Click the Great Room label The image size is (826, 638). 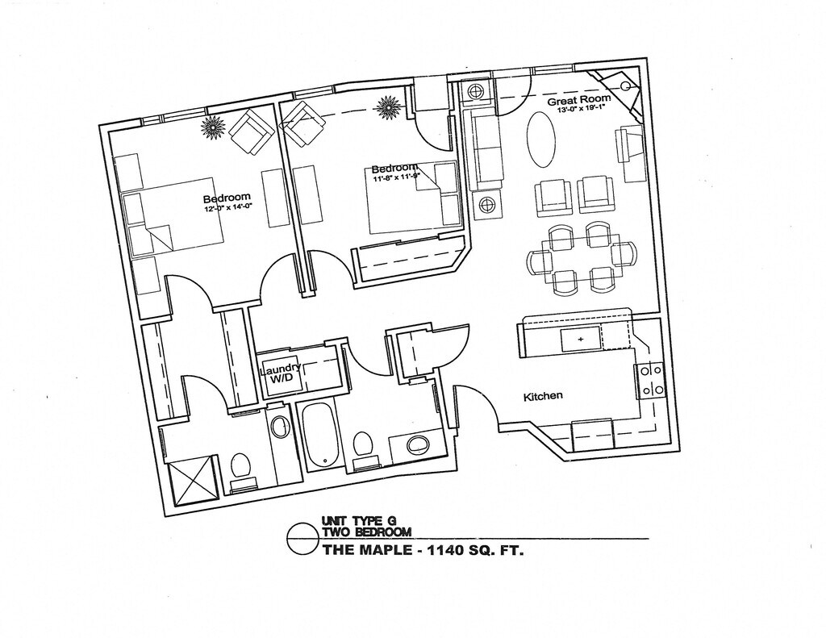pos(578,101)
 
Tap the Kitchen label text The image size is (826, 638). pos(543,397)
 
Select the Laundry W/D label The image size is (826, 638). pos(281,372)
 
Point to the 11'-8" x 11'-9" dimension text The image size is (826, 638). pos(397,177)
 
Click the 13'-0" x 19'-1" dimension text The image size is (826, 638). pos(582,112)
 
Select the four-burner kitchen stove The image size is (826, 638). pos(651,381)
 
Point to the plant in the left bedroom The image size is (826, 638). pos(213,127)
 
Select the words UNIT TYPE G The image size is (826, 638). pos(361,520)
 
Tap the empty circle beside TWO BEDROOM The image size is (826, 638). pos(302,538)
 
